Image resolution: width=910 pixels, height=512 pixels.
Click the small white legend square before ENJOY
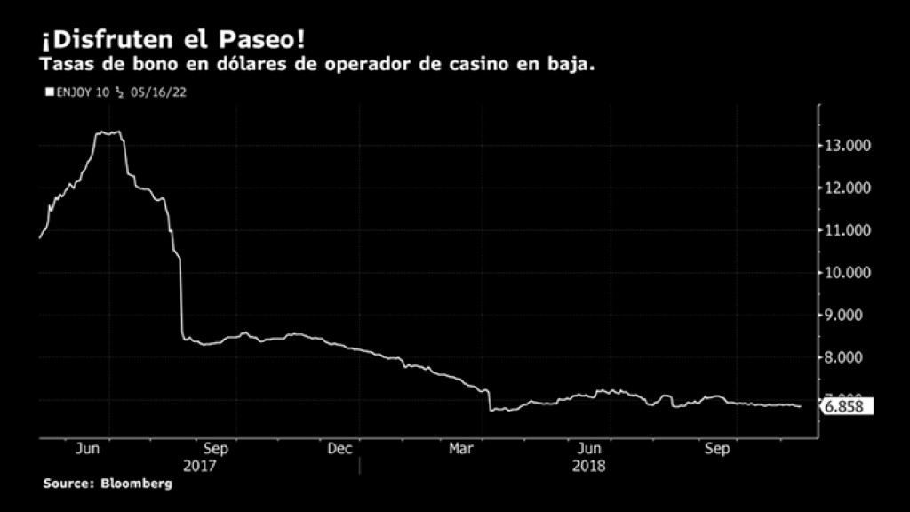(x=49, y=91)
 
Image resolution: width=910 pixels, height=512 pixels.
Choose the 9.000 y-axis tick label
(x=849, y=316)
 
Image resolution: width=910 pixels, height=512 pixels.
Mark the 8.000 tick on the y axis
(x=849, y=357)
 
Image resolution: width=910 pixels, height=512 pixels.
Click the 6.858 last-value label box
(x=848, y=407)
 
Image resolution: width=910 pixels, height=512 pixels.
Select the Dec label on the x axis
(x=340, y=449)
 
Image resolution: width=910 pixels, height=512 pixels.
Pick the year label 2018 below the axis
(x=588, y=465)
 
